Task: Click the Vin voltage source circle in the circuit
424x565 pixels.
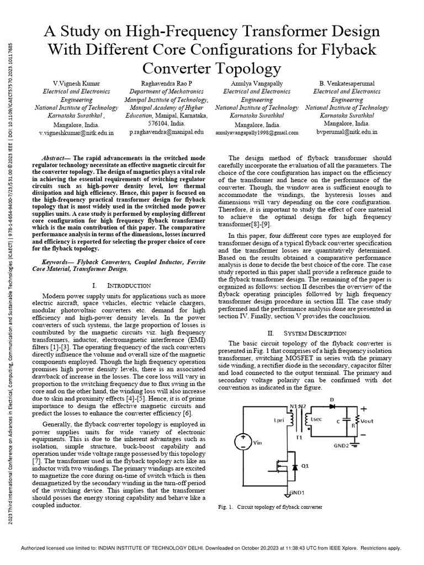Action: [242, 441]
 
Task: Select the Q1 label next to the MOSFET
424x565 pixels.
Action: [304, 467]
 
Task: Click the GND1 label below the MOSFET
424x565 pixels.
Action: [297, 493]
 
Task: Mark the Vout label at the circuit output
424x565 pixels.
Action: [367, 421]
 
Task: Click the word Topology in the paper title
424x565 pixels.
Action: [242, 68]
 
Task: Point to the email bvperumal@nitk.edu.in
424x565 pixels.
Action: [347, 132]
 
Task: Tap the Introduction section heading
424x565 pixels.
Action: [128, 285]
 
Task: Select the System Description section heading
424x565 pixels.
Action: [315, 333]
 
